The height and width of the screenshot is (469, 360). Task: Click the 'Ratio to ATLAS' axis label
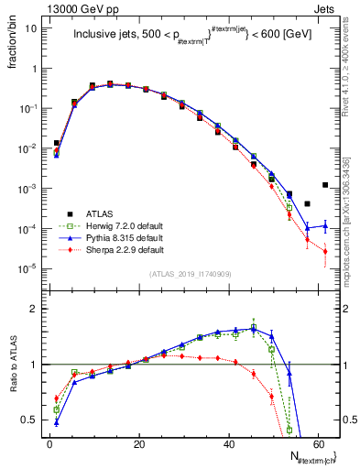(11, 362)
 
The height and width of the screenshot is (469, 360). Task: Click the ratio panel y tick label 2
(34, 310)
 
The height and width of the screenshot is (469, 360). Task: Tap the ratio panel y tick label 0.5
(29, 420)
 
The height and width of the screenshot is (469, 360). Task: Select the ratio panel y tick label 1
(34, 365)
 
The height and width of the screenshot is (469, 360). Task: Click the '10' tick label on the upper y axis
(31, 28)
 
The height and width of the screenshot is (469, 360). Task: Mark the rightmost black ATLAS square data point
(325, 185)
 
